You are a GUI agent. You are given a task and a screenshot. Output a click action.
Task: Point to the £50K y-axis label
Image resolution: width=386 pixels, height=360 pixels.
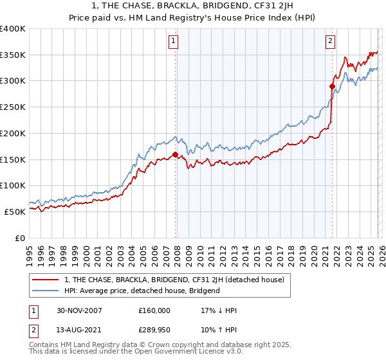point(15,212)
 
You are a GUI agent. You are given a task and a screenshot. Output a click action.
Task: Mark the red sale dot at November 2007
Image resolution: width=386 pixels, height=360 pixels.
point(175,154)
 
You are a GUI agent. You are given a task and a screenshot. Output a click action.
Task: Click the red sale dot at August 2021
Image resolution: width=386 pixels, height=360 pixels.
point(332,86)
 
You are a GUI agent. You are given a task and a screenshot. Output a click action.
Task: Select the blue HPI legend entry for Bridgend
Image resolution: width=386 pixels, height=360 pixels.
point(142,291)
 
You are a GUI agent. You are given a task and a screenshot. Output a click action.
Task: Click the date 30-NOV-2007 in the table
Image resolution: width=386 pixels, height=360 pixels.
point(79,310)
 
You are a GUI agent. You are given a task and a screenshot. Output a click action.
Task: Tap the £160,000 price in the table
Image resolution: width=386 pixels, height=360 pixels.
point(154,310)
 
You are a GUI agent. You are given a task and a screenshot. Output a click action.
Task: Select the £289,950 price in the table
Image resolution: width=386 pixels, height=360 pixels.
point(154,332)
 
